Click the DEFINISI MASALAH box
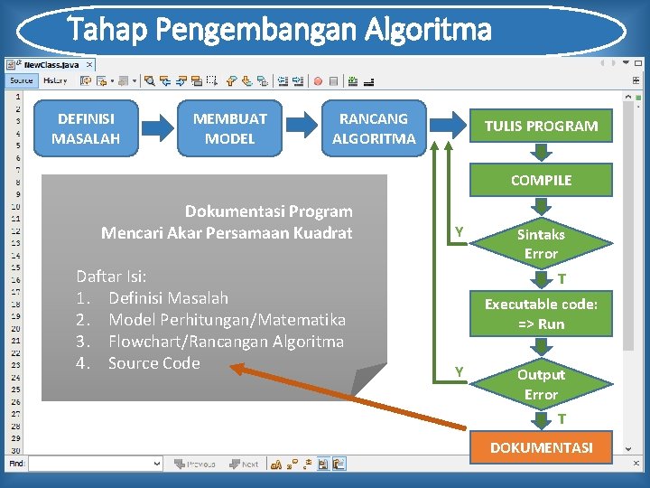[86, 128]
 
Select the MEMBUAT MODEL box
[229, 128]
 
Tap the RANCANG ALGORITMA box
[374, 128]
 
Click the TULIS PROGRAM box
[541, 127]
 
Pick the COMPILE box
[541, 180]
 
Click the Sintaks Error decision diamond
[541, 244]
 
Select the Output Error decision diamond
[541, 384]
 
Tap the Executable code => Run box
[541, 314]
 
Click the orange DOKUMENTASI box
[541, 447]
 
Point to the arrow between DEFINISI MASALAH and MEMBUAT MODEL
[157, 128]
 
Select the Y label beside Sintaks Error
[460, 232]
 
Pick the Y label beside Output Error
[460, 371]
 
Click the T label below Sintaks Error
[562, 278]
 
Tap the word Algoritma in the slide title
[429, 31]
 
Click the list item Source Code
[153, 363]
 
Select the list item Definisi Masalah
[168, 297]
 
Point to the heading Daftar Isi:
[112, 276]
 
